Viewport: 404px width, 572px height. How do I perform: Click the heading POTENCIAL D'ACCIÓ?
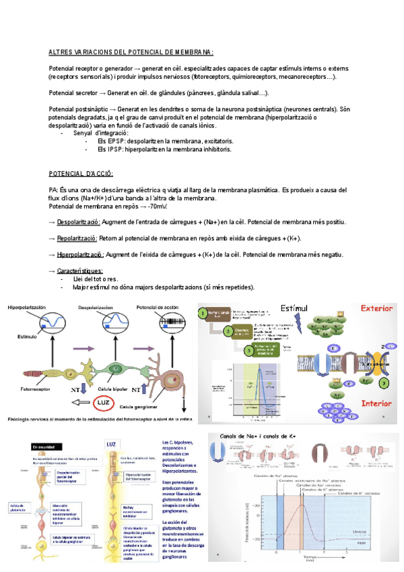pos(81,173)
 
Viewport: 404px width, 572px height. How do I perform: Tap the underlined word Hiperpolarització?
pos(80,254)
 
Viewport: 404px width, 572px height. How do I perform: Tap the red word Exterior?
pos(376,309)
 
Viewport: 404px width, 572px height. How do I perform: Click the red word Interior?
pos(376,403)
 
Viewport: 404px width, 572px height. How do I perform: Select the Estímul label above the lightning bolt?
pos(294,309)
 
